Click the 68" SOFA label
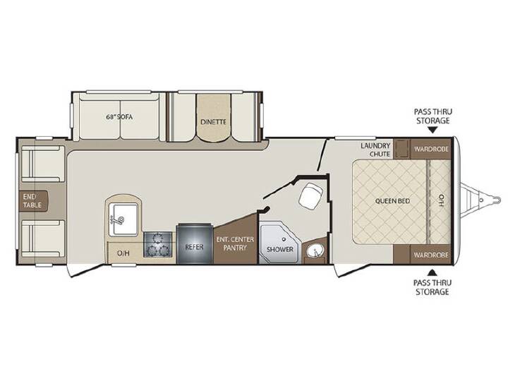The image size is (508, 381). pos(119,117)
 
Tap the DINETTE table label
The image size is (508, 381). pos(213,122)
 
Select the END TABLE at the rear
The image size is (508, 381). pos(33,201)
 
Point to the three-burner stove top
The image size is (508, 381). pos(157,245)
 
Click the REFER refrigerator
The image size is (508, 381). pos(195,243)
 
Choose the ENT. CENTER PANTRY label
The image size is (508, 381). pos(235,243)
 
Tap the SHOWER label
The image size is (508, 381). pos(280,250)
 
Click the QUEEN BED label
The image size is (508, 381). pos(392,201)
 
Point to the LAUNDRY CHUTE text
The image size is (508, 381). pos(375,150)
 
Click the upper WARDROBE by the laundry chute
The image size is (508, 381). pos(431,149)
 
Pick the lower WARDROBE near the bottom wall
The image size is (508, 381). pos(431,255)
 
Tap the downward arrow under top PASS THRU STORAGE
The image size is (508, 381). pos(433,131)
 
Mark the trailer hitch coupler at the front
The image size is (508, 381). pos(496,198)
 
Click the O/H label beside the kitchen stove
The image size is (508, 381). pos(123,253)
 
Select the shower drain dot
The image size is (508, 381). pos(284,239)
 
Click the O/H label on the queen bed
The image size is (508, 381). pos(440,201)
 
